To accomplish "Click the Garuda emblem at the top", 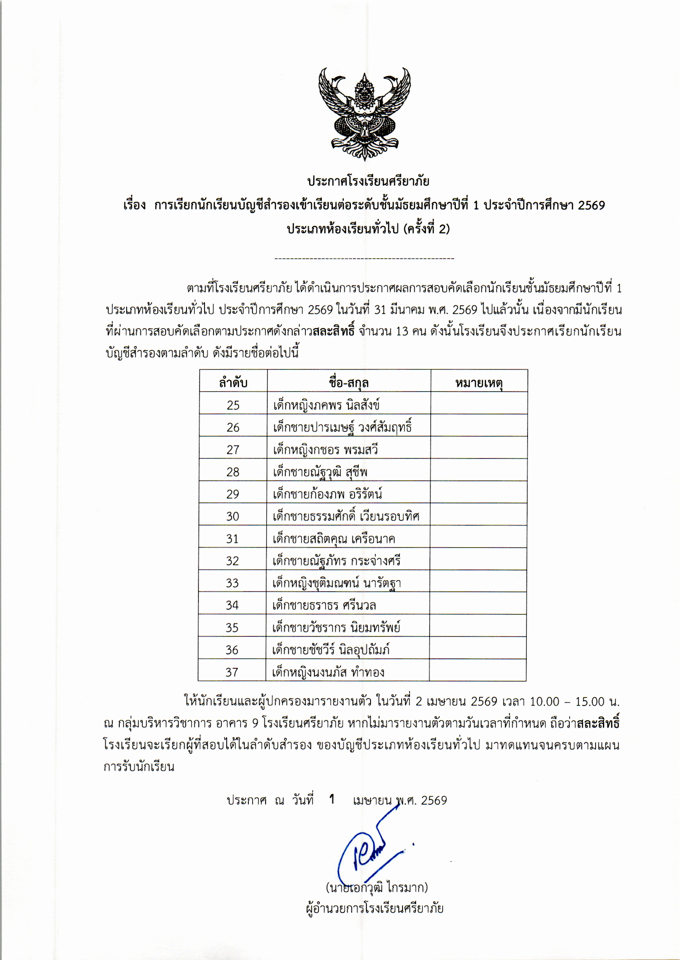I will point(364,114).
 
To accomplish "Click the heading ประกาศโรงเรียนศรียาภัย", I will point(368,181).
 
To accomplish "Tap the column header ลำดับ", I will point(233,383).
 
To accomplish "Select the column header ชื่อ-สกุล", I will point(349,383).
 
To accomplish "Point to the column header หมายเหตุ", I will point(479,383).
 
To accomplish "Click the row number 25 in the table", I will point(233,405).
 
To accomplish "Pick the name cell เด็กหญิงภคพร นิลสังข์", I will point(326,405).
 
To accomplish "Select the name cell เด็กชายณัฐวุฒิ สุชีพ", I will point(320,472).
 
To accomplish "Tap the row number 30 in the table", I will point(233,516).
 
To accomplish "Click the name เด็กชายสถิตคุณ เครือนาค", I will point(334,538).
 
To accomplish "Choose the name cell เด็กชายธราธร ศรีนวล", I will point(324,605).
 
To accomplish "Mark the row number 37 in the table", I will point(232,672).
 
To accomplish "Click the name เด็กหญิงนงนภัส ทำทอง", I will point(328,672).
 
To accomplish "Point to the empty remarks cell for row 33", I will point(478,583).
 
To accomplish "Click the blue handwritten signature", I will point(368,849).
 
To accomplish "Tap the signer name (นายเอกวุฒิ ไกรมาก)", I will point(376,887).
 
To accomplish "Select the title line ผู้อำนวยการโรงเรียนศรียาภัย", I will point(375,908).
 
